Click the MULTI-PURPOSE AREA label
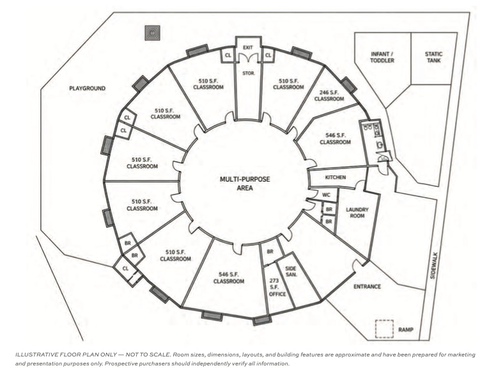[x=245, y=183]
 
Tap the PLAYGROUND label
[x=88, y=88]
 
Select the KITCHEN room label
[x=336, y=177]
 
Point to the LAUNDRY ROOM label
[x=357, y=212]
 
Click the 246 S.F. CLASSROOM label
[x=329, y=95]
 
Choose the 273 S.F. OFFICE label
[x=277, y=287]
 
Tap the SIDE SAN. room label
[x=291, y=271]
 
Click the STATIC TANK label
[x=434, y=58]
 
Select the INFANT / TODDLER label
[x=382, y=58]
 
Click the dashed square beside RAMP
[x=385, y=329]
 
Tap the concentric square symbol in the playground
[x=153, y=33]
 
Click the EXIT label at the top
[x=248, y=47]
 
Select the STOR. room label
[x=249, y=74]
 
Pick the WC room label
[x=327, y=195]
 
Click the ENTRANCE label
[x=367, y=287]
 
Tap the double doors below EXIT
[x=248, y=58]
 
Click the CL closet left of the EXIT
[x=228, y=56]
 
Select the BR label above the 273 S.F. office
[x=270, y=252]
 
